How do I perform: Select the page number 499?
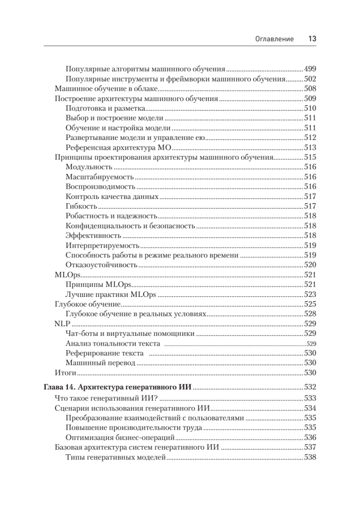tap(310, 69)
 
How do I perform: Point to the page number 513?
tap(310, 148)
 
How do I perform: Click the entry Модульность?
tap(89, 167)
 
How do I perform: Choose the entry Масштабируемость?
tap(100, 177)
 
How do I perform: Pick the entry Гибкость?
tap(82, 207)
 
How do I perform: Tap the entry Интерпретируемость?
tap(103, 246)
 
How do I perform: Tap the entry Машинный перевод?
tap(100, 363)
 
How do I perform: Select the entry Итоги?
tap(65, 373)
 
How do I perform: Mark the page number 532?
tap(310, 387)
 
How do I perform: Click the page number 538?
tap(310, 457)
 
